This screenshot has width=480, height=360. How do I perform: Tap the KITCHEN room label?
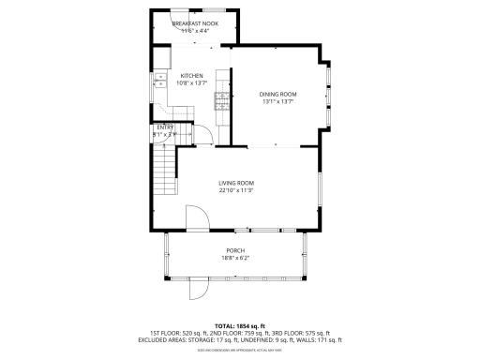click(x=192, y=76)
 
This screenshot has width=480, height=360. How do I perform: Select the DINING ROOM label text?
click(x=277, y=94)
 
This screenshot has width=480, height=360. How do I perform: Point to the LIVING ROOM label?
click(x=237, y=183)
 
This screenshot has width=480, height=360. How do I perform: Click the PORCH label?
click(x=235, y=250)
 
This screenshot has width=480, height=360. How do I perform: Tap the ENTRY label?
click(x=165, y=127)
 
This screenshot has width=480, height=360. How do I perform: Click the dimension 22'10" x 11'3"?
click(x=237, y=190)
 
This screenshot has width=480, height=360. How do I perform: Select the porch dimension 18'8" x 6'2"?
click(x=235, y=258)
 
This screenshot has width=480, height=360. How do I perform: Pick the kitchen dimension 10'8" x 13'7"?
click(x=192, y=83)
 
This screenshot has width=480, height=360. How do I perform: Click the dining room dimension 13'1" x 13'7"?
click(x=277, y=101)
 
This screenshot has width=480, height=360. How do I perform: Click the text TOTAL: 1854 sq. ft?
click(x=240, y=325)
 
